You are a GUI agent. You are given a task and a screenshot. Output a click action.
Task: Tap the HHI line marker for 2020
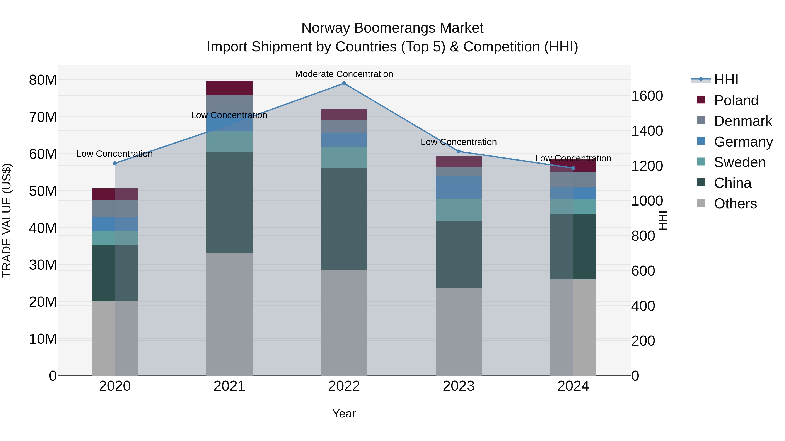pos(115,163)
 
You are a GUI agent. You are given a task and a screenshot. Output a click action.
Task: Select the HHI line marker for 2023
pos(458,151)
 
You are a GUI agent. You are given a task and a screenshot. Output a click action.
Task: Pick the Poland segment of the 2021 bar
pos(229,88)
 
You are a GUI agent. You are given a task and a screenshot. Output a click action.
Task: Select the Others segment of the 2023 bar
pos(458,331)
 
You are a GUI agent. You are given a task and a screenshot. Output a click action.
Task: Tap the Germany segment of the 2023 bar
pos(458,188)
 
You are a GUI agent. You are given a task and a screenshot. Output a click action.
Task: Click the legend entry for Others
pos(735,204)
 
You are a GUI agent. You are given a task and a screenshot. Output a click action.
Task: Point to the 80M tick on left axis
pos(43,80)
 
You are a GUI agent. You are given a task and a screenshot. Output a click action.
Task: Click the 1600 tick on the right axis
pos(647,96)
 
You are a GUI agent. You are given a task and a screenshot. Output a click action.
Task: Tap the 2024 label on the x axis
pos(573,386)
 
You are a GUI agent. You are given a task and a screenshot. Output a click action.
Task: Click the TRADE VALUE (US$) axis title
pos(7,220)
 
